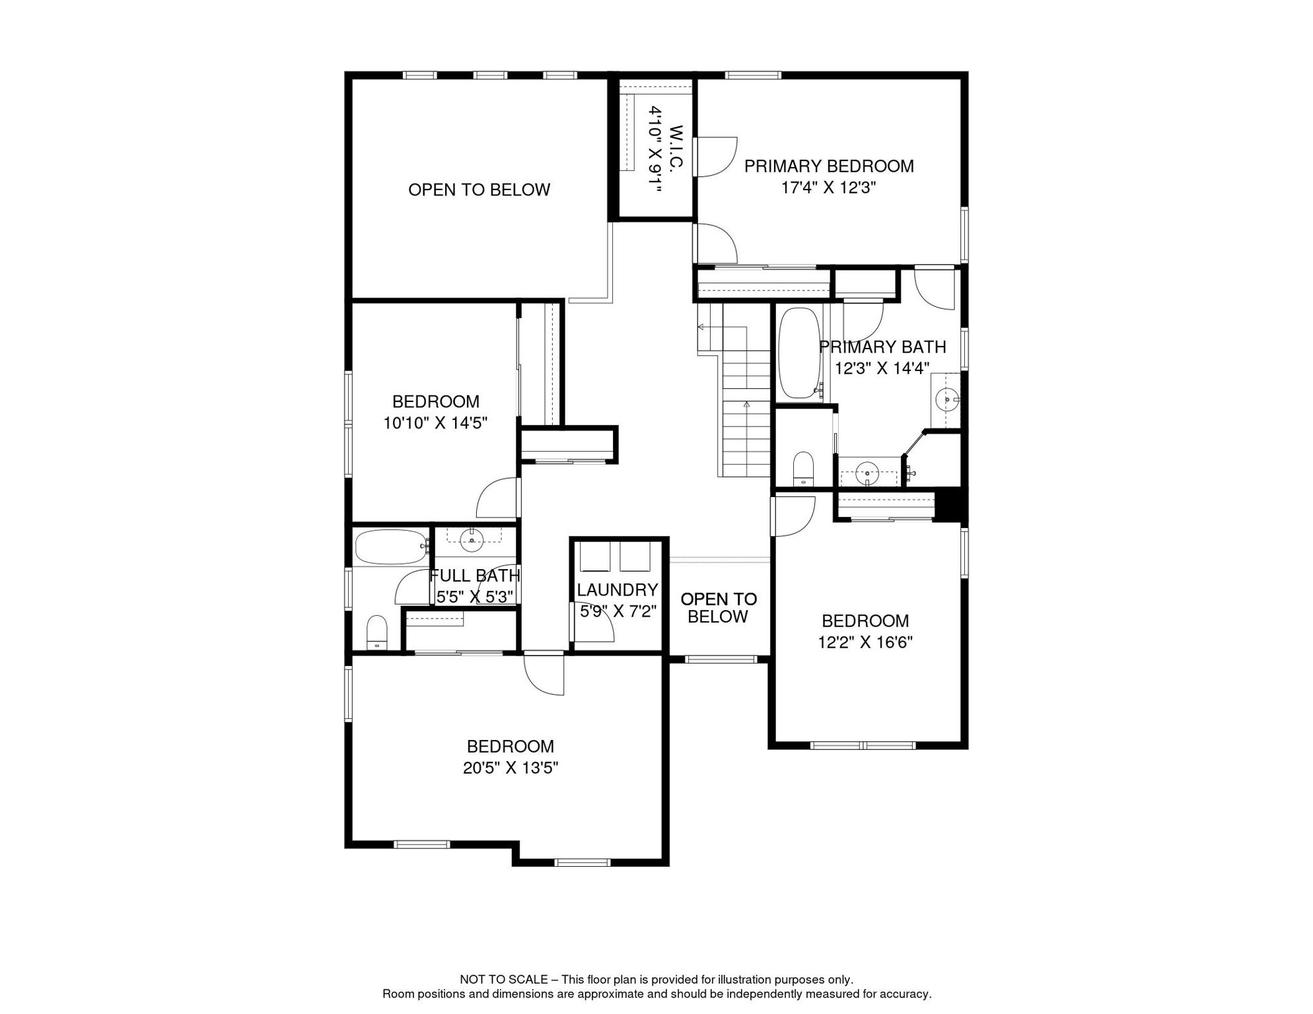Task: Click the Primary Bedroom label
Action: [828, 166]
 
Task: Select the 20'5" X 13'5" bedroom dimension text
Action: [510, 768]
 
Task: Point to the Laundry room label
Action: [617, 590]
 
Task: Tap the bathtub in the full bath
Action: [390, 547]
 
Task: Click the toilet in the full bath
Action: [376, 632]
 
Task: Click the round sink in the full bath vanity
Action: [472, 540]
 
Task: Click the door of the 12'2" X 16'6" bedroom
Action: [794, 516]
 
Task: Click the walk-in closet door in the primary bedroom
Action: [715, 157]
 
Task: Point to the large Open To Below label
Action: [479, 190]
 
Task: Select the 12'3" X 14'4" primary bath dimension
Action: [882, 368]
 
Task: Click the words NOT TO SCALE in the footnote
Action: [503, 980]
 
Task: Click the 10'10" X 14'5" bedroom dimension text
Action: [435, 423]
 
